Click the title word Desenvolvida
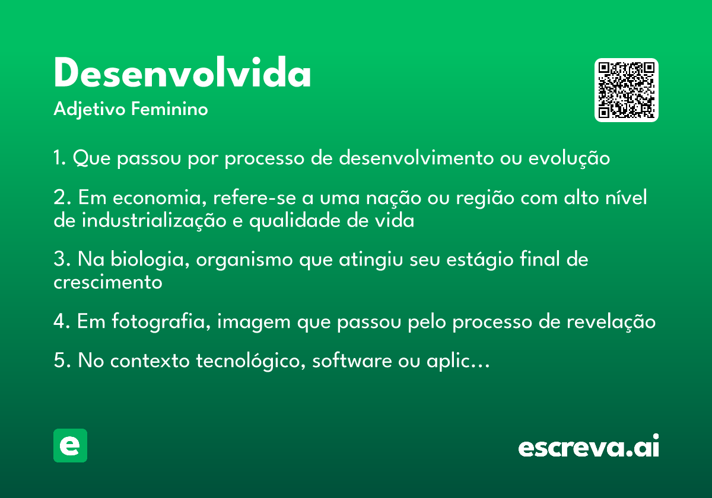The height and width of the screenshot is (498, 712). [182, 75]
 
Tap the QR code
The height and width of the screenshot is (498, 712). [626, 90]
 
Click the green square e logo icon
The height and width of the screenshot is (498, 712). [70, 445]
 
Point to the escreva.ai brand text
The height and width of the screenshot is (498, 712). [589, 447]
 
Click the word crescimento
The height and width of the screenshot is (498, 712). [107, 282]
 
